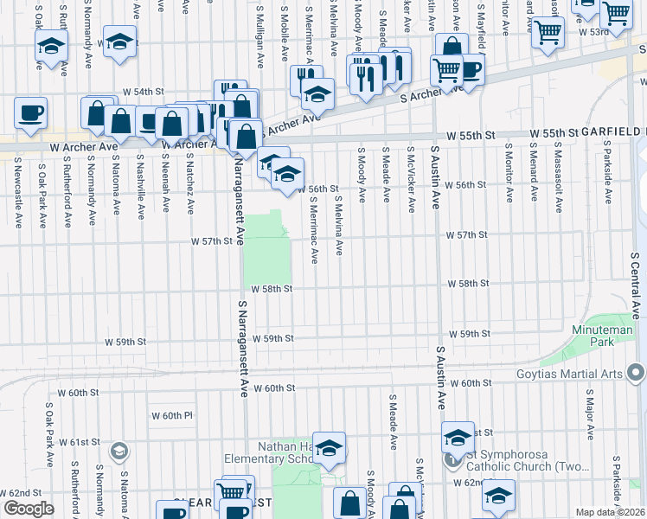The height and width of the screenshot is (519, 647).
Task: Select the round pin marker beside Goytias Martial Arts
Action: (x=637, y=374)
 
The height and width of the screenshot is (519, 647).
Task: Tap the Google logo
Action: (x=29, y=509)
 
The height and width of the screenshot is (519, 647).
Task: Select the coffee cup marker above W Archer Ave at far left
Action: (x=30, y=112)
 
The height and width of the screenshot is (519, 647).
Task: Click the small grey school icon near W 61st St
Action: (x=119, y=450)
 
